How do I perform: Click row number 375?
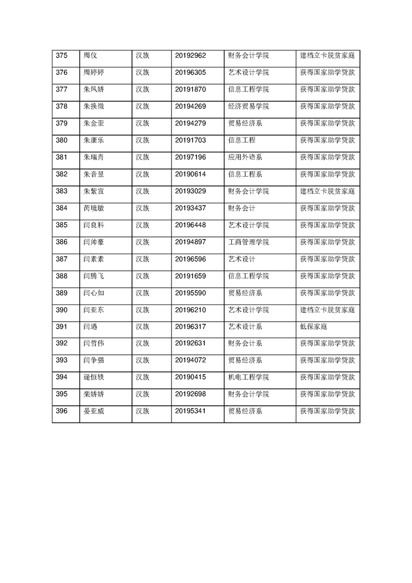pos(61,56)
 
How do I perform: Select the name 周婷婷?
pos(94,73)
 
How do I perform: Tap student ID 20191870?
pos(191,89)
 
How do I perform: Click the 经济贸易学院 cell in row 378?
pos(248,107)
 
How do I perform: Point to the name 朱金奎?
pos(94,124)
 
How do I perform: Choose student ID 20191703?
pos(191,140)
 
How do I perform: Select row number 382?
pos(61,174)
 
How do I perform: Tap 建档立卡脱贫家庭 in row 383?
pos(327,191)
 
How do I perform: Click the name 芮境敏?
pos(94,208)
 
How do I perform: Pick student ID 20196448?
pos(191,225)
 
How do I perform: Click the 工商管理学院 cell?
pos(248,242)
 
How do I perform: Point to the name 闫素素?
pos(94,259)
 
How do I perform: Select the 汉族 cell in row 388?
pos(142,276)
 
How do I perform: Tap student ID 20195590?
pos(191,293)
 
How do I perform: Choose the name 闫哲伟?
pos(94,343)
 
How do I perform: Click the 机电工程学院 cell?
pos(248,377)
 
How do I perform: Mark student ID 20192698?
pos(191,394)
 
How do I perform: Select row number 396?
pos(61,411)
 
